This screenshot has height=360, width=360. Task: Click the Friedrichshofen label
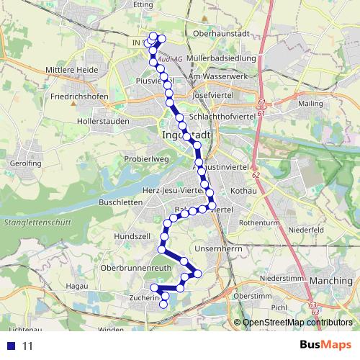(80, 96)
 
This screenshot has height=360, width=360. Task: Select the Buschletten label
(119, 203)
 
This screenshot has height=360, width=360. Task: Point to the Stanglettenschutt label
(36, 222)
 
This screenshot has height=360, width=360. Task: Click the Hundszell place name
(132, 235)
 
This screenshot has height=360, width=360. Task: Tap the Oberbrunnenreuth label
(135, 267)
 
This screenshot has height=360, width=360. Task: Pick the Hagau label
(76, 286)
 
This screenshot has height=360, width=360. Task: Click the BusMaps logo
(326, 345)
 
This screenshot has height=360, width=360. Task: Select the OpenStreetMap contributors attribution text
(297, 323)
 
